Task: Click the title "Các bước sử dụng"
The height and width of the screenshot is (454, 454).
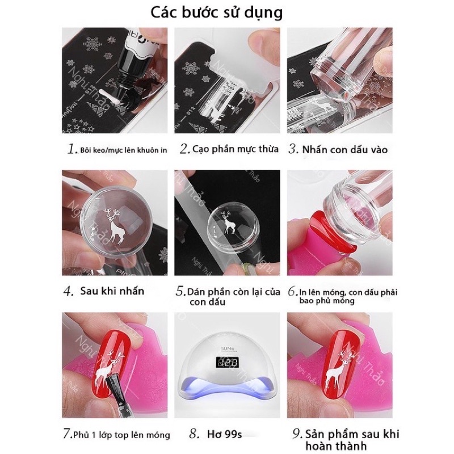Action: coord(216,13)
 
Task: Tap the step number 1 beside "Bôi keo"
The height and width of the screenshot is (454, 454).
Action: coord(72,149)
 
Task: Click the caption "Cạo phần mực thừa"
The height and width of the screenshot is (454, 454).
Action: coord(236,149)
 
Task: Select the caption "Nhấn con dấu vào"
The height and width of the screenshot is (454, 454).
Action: coord(344,150)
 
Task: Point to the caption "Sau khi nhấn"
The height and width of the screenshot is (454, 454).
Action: coord(112,291)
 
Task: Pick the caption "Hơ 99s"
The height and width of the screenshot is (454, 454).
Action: coord(224,434)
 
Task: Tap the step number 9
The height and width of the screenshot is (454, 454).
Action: coord(297,434)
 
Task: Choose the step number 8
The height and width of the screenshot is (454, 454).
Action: coord(194,434)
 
